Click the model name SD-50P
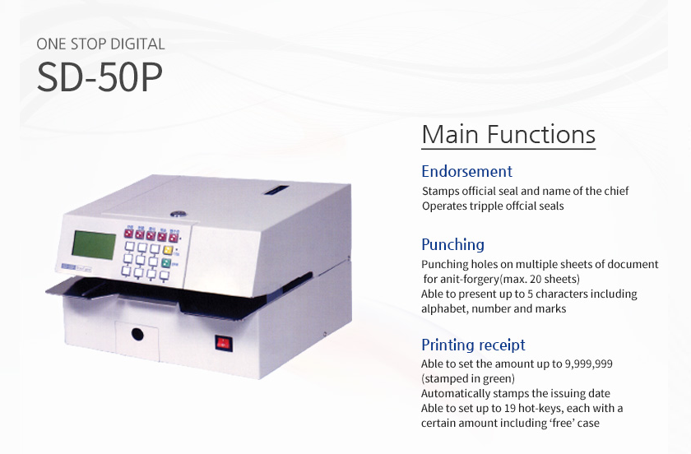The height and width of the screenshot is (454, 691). point(100,77)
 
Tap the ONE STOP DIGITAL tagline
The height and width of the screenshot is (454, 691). point(100,44)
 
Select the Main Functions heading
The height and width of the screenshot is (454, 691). point(508,134)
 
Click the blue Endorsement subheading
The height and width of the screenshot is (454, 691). point(466,171)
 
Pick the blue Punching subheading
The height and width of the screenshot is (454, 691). point(452,244)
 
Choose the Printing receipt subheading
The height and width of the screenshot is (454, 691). point(473,345)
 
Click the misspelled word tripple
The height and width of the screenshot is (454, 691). point(485,206)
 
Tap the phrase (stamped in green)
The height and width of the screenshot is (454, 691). point(468,378)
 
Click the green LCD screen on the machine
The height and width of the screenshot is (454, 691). point(94,244)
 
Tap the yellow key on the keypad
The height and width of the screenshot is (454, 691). point(168,250)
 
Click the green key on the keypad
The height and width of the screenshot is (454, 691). point(165,263)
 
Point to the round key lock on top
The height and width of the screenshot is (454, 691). point(178,214)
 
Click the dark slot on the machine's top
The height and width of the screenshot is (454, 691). point(276,190)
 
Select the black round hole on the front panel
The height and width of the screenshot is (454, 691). point(137,335)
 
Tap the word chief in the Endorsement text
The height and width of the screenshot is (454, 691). point(616,191)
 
